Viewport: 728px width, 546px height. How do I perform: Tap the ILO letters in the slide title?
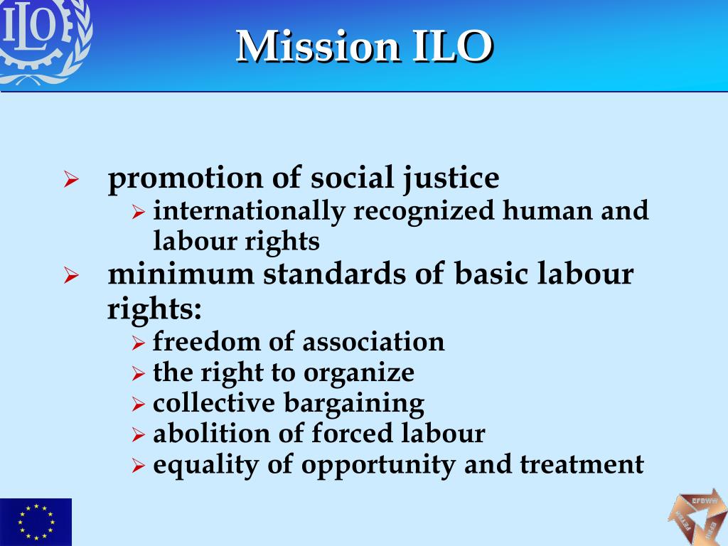point(451,47)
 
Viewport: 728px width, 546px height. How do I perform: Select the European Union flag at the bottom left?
point(36,521)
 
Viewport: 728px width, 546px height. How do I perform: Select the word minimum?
point(181,274)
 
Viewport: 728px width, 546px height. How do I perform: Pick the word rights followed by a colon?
point(154,308)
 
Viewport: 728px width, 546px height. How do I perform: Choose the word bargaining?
point(354,403)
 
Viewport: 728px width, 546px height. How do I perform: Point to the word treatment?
point(582,464)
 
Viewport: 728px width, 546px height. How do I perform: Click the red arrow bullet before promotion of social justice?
point(70,180)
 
